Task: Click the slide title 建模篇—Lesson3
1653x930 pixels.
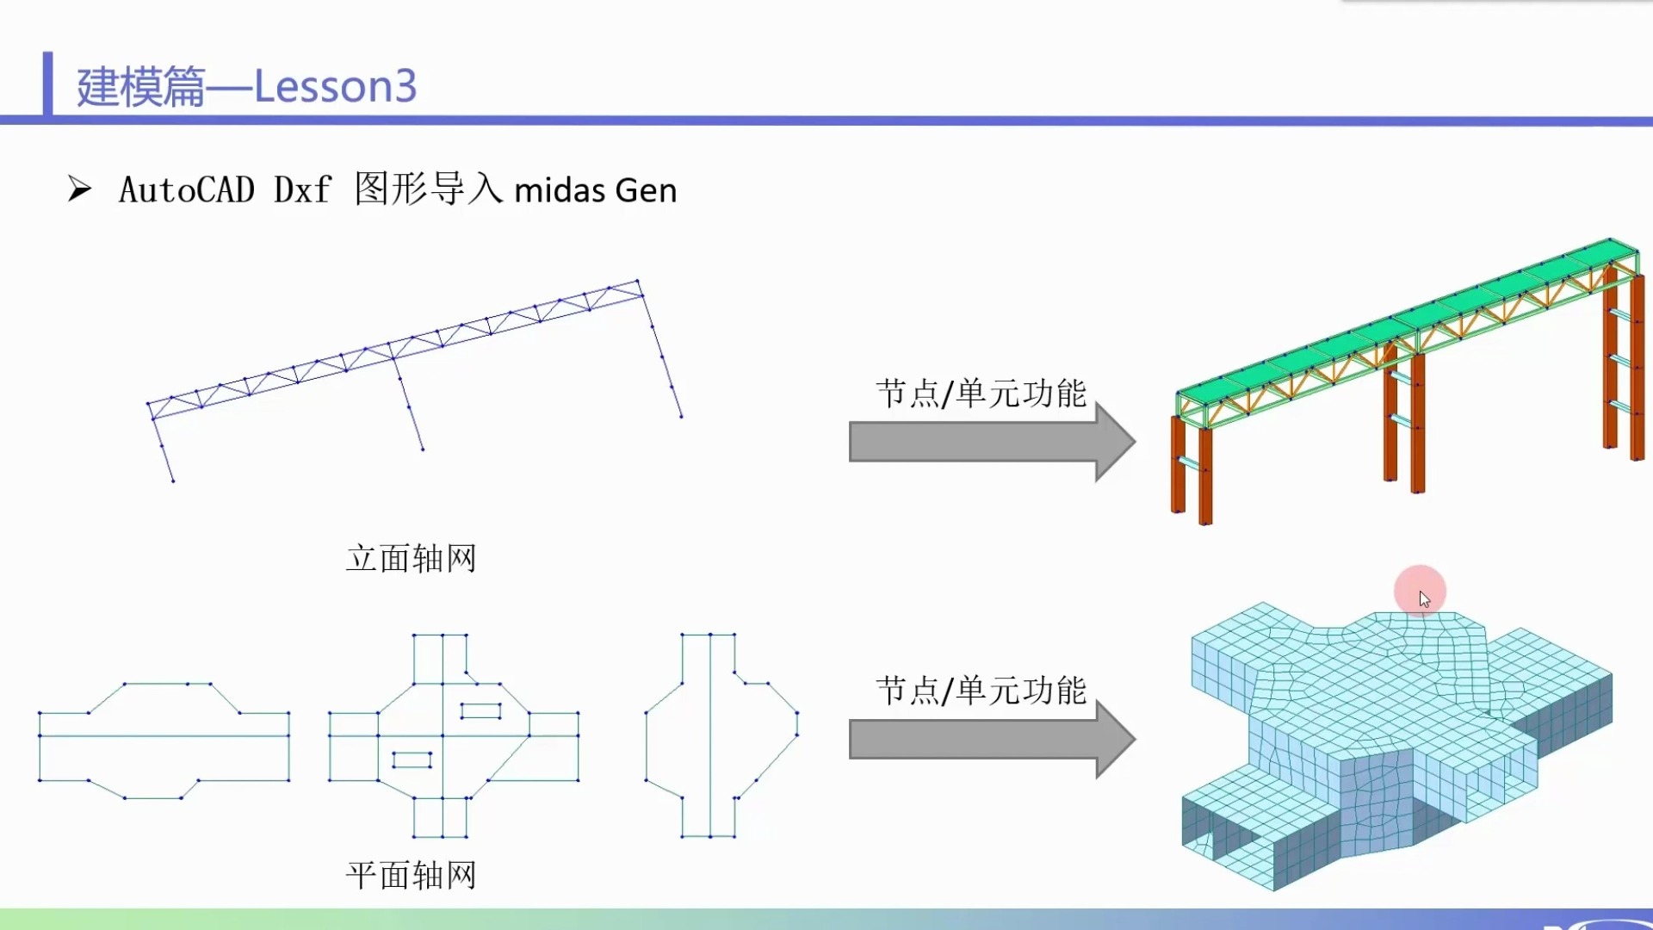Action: (246, 87)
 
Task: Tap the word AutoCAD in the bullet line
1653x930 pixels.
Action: (187, 190)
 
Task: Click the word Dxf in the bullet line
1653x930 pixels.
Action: (302, 190)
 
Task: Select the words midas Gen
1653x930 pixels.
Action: (595, 190)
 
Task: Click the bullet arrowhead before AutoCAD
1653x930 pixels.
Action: (79, 189)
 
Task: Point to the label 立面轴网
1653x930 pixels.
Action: (411, 559)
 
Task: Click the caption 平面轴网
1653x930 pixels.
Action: (411, 876)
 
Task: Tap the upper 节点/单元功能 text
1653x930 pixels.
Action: (981, 394)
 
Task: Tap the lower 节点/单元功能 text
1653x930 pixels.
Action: (981, 691)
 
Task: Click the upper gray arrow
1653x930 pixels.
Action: (990, 443)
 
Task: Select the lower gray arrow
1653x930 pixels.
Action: (990, 740)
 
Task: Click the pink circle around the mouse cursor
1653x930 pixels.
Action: (1420, 591)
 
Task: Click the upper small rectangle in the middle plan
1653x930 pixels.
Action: (480, 711)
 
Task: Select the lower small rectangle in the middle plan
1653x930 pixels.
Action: (412, 759)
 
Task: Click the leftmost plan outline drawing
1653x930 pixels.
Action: (164, 741)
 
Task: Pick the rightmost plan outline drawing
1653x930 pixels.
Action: (721, 735)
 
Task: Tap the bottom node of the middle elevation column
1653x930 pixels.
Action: (423, 449)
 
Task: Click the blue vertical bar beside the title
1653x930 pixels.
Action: (47, 84)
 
